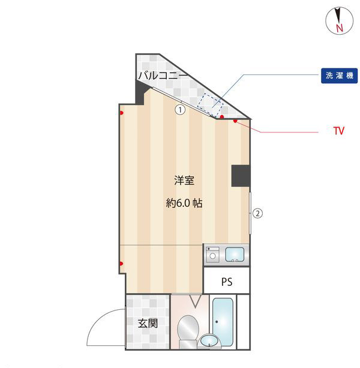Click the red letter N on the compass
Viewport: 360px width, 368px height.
click(x=339, y=28)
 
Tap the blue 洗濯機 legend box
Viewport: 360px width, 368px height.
click(x=339, y=76)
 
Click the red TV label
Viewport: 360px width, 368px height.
click(x=339, y=131)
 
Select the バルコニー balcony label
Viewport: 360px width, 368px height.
click(x=163, y=76)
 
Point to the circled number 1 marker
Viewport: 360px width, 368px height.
click(x=180, y=110)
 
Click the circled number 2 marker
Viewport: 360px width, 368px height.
click(x=257, y=213)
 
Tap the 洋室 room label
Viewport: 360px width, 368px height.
click(x=184, y=180)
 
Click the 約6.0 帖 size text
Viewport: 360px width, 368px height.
click(x=184, y=203)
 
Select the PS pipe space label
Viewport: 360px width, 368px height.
click(x=227, y=282)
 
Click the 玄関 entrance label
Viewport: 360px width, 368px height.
click(x=148, y=323)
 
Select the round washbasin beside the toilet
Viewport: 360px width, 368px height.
click(x=209, y=340)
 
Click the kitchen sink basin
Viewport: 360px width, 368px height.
click(x=235, y=255)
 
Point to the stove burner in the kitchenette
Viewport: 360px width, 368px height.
click(x=212, y=255)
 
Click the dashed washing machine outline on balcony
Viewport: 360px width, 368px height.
click(x=210, y=104)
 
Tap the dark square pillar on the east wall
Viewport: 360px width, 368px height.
click(x=241, y=176)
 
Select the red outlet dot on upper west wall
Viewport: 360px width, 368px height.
click(x=121, y=113)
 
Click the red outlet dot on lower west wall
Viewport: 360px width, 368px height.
click(x=121, y=263)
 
